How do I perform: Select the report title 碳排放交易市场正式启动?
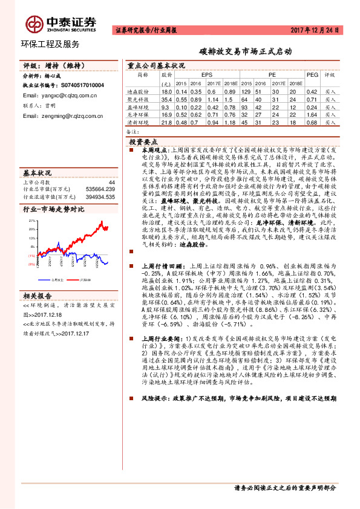coord(247,53)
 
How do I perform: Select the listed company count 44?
coord(111,182)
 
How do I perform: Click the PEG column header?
coord(312,74)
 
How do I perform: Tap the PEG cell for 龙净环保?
coord(312,113)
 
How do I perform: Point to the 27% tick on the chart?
coord(31,221)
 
